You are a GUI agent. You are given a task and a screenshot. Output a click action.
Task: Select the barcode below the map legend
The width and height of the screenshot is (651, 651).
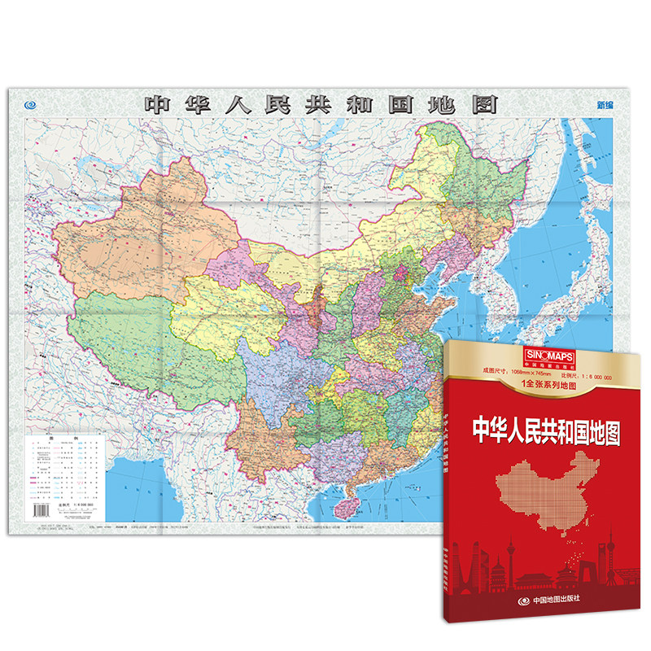pyautogui.click(x=42, y=510)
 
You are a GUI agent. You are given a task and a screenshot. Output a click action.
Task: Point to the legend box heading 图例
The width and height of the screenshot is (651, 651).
pyautogui.click(x=67, y=438)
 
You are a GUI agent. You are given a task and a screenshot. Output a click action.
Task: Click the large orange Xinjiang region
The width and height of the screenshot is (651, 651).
pyautogui.click(x=138, y=236)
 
